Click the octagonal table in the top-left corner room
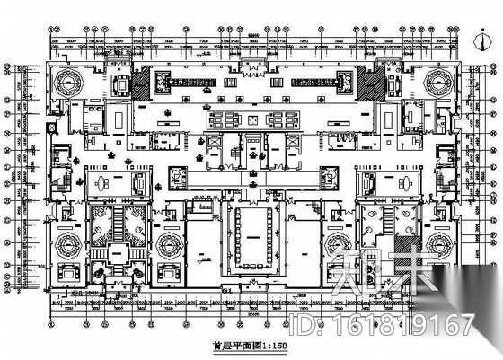(68, 82)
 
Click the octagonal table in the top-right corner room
(437, 82)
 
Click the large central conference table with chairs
(252, 235)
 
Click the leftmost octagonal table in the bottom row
(68, 241)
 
